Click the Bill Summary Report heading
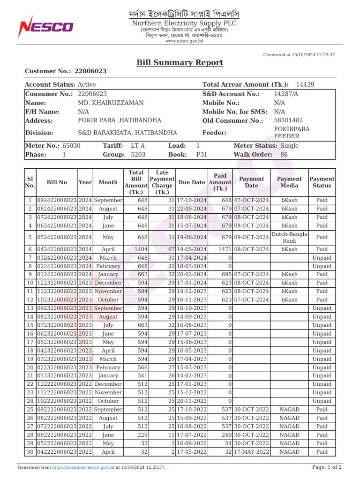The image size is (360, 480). coord(180,63)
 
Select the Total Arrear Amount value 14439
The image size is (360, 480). coord(305,84)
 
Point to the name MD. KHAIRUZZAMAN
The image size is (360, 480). coord(111,103)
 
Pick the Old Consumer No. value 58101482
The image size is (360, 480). coord(288,120)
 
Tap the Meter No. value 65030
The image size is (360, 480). coord(71,146)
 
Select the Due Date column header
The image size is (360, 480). coord(192,182)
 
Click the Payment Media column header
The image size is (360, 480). coord(289,182)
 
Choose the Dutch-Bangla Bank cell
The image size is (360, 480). coord(289,237)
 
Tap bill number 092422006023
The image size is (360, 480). coord(57,200)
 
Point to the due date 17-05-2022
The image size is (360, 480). coord(192,452)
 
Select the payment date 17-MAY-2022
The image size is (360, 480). coord(251,452)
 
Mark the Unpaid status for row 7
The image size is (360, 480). coord(322,258)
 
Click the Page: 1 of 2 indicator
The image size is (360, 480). coord(326,467)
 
